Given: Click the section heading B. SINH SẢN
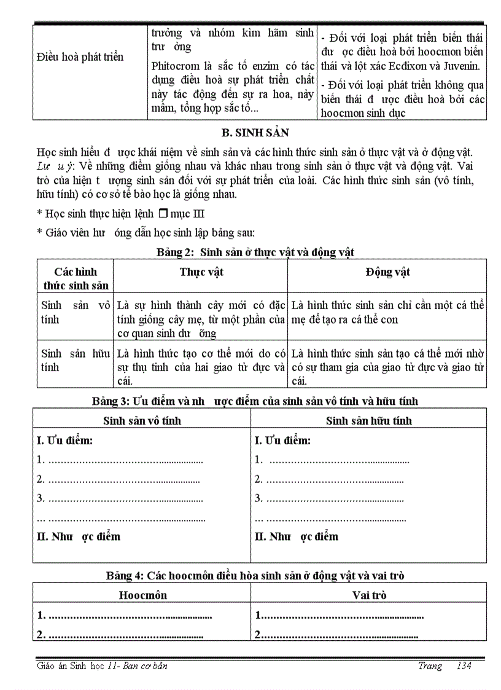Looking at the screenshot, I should (x=254, y=133).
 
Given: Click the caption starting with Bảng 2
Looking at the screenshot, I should (x=255, y=252).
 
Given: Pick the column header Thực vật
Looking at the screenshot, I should (x=201, y=272).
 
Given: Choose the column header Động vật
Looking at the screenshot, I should (x=387, y=272).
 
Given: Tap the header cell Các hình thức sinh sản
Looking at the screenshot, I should (x=76, y=278).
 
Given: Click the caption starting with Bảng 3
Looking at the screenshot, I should (x=255, y=401).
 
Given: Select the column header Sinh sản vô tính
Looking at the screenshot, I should (x=142, y=421).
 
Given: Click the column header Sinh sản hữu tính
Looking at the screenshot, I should (x=368, y=421).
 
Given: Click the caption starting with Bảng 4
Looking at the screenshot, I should (x=255, y=576).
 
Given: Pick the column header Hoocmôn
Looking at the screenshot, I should (x=142, y=595).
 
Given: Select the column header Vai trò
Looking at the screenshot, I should (x=369, y=595).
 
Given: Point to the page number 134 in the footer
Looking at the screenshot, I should (x=464, y=666).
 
